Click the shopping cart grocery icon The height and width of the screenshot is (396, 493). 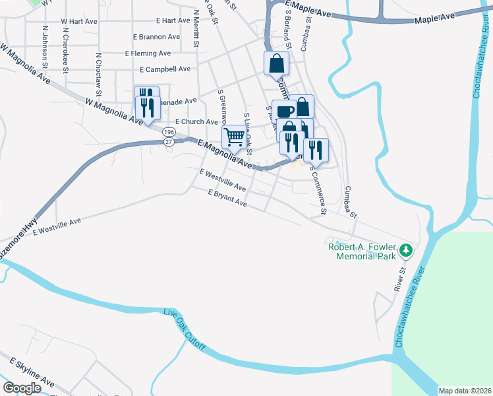235,137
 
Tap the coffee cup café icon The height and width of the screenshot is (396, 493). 284,112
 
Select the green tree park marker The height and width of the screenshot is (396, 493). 407,250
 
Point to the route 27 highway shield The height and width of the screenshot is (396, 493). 170,141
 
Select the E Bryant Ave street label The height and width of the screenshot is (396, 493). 227,199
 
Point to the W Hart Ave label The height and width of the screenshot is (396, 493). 79,22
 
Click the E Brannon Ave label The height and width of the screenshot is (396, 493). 156,37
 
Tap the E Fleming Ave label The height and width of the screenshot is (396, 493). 148,53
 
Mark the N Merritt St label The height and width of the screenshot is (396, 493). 196,29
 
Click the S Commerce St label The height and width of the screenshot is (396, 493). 318,192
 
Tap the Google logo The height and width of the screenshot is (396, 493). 22,387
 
